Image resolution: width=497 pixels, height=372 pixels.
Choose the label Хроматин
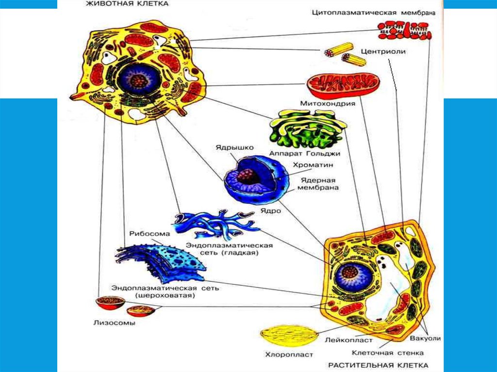309,165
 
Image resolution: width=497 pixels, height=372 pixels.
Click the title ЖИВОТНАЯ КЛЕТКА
127,4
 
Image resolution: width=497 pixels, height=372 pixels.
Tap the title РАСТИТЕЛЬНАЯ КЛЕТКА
378,365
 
